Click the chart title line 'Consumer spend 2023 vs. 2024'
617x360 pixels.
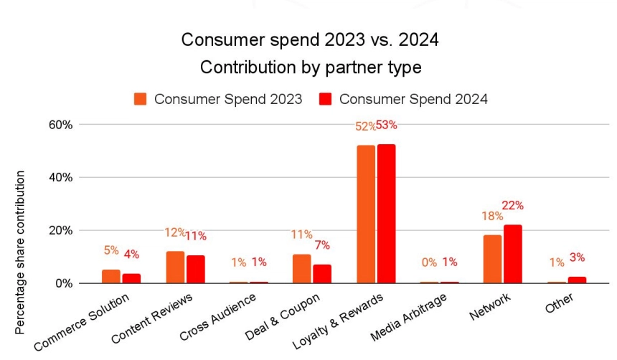click(x=309, y=40)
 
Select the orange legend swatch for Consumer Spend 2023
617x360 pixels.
click(x=140, y=99)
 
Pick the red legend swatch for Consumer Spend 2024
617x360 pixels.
click(x=326, y=99)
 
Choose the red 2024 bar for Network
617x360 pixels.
click(x=513, y=254)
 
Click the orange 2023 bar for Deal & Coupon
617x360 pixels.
click(x=302, y=268)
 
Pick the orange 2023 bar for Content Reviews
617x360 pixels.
click(x=175, y=267)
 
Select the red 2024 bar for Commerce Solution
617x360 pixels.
click(x=131, y=278)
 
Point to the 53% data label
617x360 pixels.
click(x=387, y=125)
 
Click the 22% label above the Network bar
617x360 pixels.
click(x=513, y=205)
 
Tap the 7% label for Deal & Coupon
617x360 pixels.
click(x=322, y=245)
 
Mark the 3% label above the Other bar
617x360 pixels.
click(x=577, y=257)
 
